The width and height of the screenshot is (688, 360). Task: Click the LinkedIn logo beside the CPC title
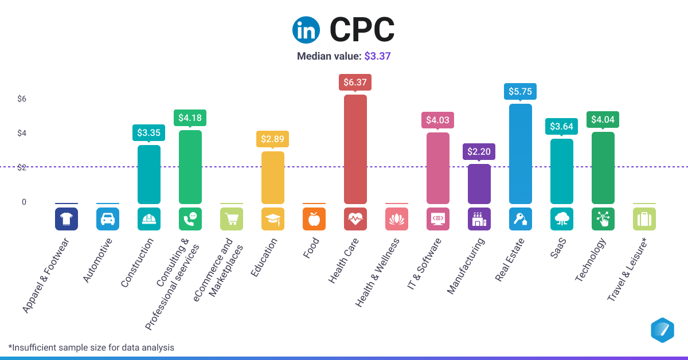[x=306, y=30]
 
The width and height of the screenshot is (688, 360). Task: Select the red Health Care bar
[x=355, y=149]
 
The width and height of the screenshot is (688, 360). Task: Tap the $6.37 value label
[x=355, y=82]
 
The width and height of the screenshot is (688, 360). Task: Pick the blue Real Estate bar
[x=521, y=154]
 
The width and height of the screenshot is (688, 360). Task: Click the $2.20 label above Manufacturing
[x=479, y=151]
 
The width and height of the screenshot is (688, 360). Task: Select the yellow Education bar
[x=273, y=177]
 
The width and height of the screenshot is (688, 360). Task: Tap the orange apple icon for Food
[x=314, y=219]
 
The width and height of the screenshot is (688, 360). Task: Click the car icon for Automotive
[x=108, y=219]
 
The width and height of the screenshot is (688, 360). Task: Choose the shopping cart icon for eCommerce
[x=232, y=219]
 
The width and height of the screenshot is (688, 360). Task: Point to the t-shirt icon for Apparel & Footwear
[x=67, y=219]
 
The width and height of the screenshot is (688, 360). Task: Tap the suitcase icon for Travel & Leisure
[x=644, y=219]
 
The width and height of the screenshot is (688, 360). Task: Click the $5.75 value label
[x=521, y=91]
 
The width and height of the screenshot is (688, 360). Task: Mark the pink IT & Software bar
[x=438, y=168]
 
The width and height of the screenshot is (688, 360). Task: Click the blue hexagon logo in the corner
[x=663, y=330]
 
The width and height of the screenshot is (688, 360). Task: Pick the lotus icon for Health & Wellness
[x=397, y=219]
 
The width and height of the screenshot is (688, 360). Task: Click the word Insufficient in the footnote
[x=33, y=347]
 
